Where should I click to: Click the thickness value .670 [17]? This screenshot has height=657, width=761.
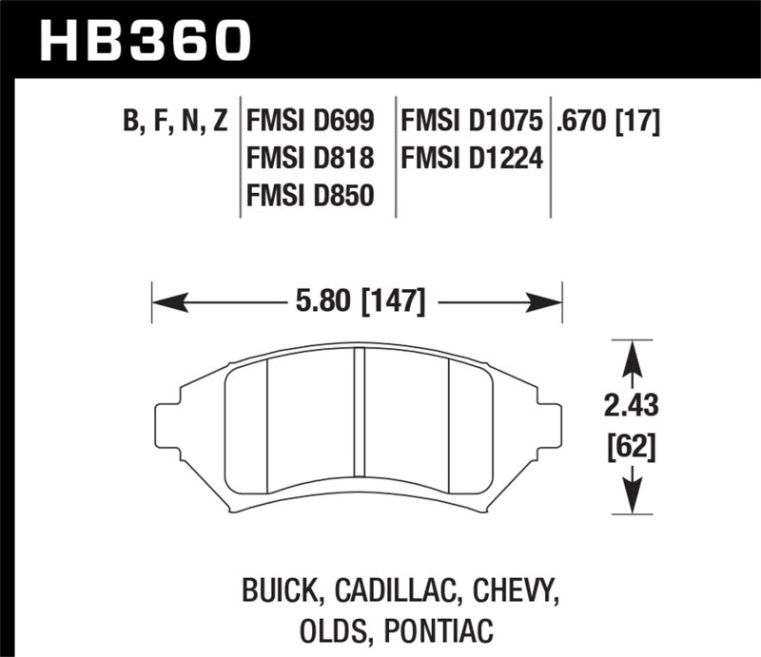[609, 122]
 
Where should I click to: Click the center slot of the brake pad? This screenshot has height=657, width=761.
[360, 418]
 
